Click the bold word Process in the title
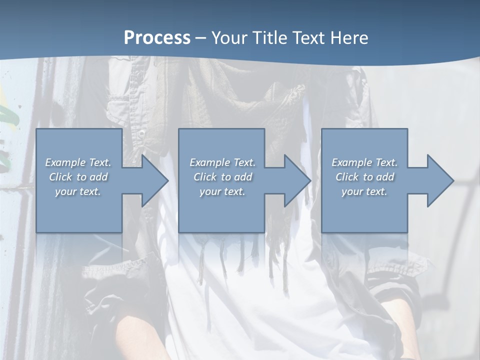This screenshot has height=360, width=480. coord(157,38)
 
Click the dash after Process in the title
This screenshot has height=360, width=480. coord(200,38)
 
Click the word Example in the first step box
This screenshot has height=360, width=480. coord(65,162)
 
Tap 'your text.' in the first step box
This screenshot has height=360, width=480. coord(78,191)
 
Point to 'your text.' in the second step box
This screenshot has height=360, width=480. coord(222,191)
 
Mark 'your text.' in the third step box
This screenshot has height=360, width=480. coord(364,191)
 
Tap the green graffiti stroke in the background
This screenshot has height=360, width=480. coord(8,117)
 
